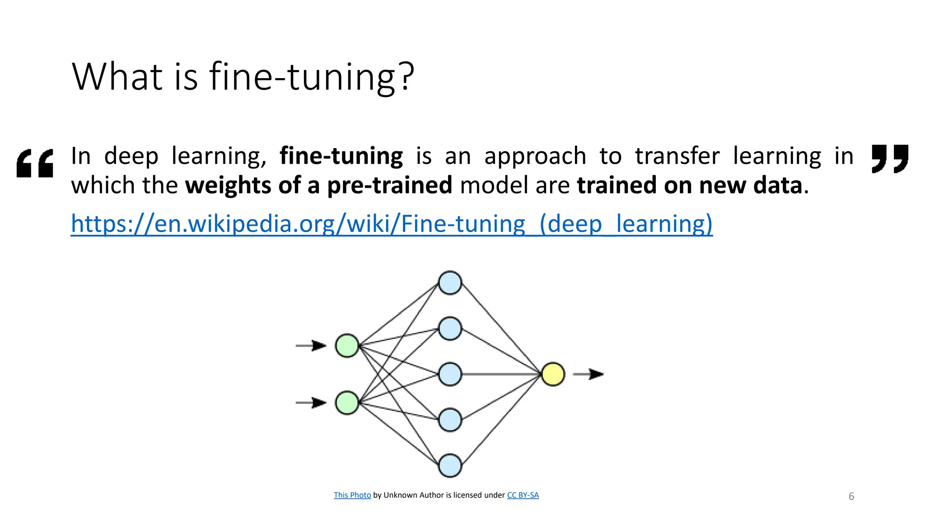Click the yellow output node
[553, 374]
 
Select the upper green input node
[347, 346]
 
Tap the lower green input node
[347, 403]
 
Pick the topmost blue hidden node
[450, 283]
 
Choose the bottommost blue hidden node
[450, 465]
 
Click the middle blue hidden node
[450, 374]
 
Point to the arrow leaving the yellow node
[588, 374]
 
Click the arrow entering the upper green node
[311, 346]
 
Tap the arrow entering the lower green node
[311, 403]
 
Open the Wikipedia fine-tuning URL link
[392, 224]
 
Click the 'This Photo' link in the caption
[352, 495]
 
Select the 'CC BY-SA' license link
[523, 495]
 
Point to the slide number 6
[851, 497]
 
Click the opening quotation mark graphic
[35, 163]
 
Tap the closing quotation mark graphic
[889, 158]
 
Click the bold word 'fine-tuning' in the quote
[341, 156]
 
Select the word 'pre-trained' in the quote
[389, 186]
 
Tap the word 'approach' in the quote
[535, 156]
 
